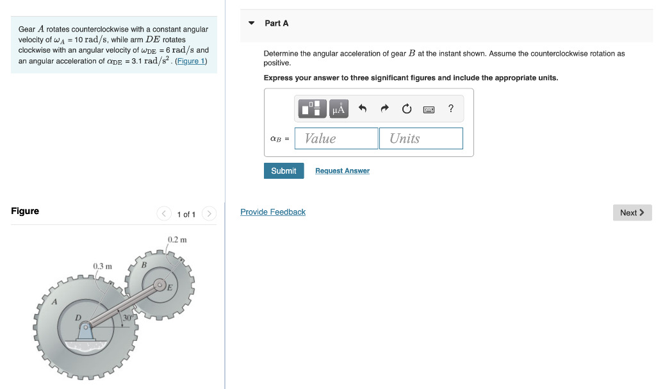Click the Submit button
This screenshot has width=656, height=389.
[x=283, y=170]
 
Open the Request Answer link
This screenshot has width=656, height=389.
[x=342, y=170]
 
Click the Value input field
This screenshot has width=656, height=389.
[x=336, y=138]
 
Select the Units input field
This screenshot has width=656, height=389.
[x=421, y=138]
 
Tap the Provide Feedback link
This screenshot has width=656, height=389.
[x=273, y=212]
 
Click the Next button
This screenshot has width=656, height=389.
[x=632, y=213]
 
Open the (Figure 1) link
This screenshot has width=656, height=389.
[x=191, y=61]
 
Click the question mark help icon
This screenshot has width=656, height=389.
[x=451, y=108]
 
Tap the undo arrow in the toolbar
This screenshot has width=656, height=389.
[x=362, y=109]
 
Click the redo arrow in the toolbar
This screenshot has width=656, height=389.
[x=384, y=109]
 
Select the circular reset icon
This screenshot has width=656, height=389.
[x=407, y=109]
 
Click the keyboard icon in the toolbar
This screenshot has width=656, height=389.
[x=429, y=110]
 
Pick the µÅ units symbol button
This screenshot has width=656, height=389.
[x=339, y=109]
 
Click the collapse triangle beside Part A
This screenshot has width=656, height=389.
[x=252, y=23]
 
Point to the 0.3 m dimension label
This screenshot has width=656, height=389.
[x=102, y=266]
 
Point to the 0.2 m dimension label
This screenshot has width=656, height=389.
[x=177, y=240]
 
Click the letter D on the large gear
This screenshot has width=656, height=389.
[x=78, y=317]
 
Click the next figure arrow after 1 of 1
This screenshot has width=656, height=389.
[x=209, y=213]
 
